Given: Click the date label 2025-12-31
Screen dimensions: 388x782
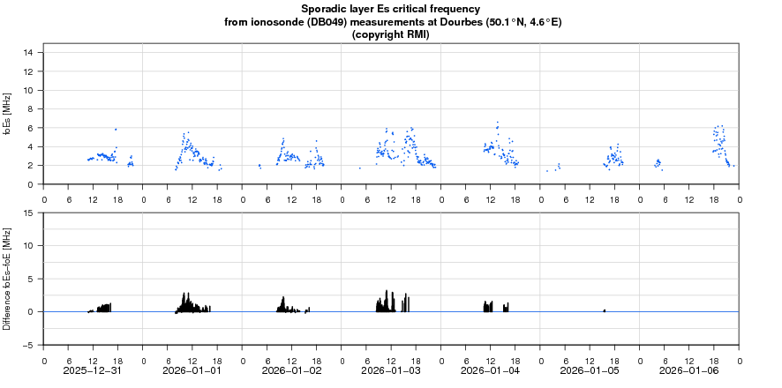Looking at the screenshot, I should click(93, 370).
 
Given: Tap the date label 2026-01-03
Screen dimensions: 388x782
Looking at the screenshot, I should click(391, 370).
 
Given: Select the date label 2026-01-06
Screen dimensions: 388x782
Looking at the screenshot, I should click(689, 370).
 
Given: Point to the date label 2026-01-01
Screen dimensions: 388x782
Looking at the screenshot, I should click(192, 370).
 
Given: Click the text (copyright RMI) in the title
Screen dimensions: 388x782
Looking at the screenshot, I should click(390, 34).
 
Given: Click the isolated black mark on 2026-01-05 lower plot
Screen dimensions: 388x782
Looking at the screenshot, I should click(605, 310).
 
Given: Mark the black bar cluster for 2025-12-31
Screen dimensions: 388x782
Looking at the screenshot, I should click(102, 308).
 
